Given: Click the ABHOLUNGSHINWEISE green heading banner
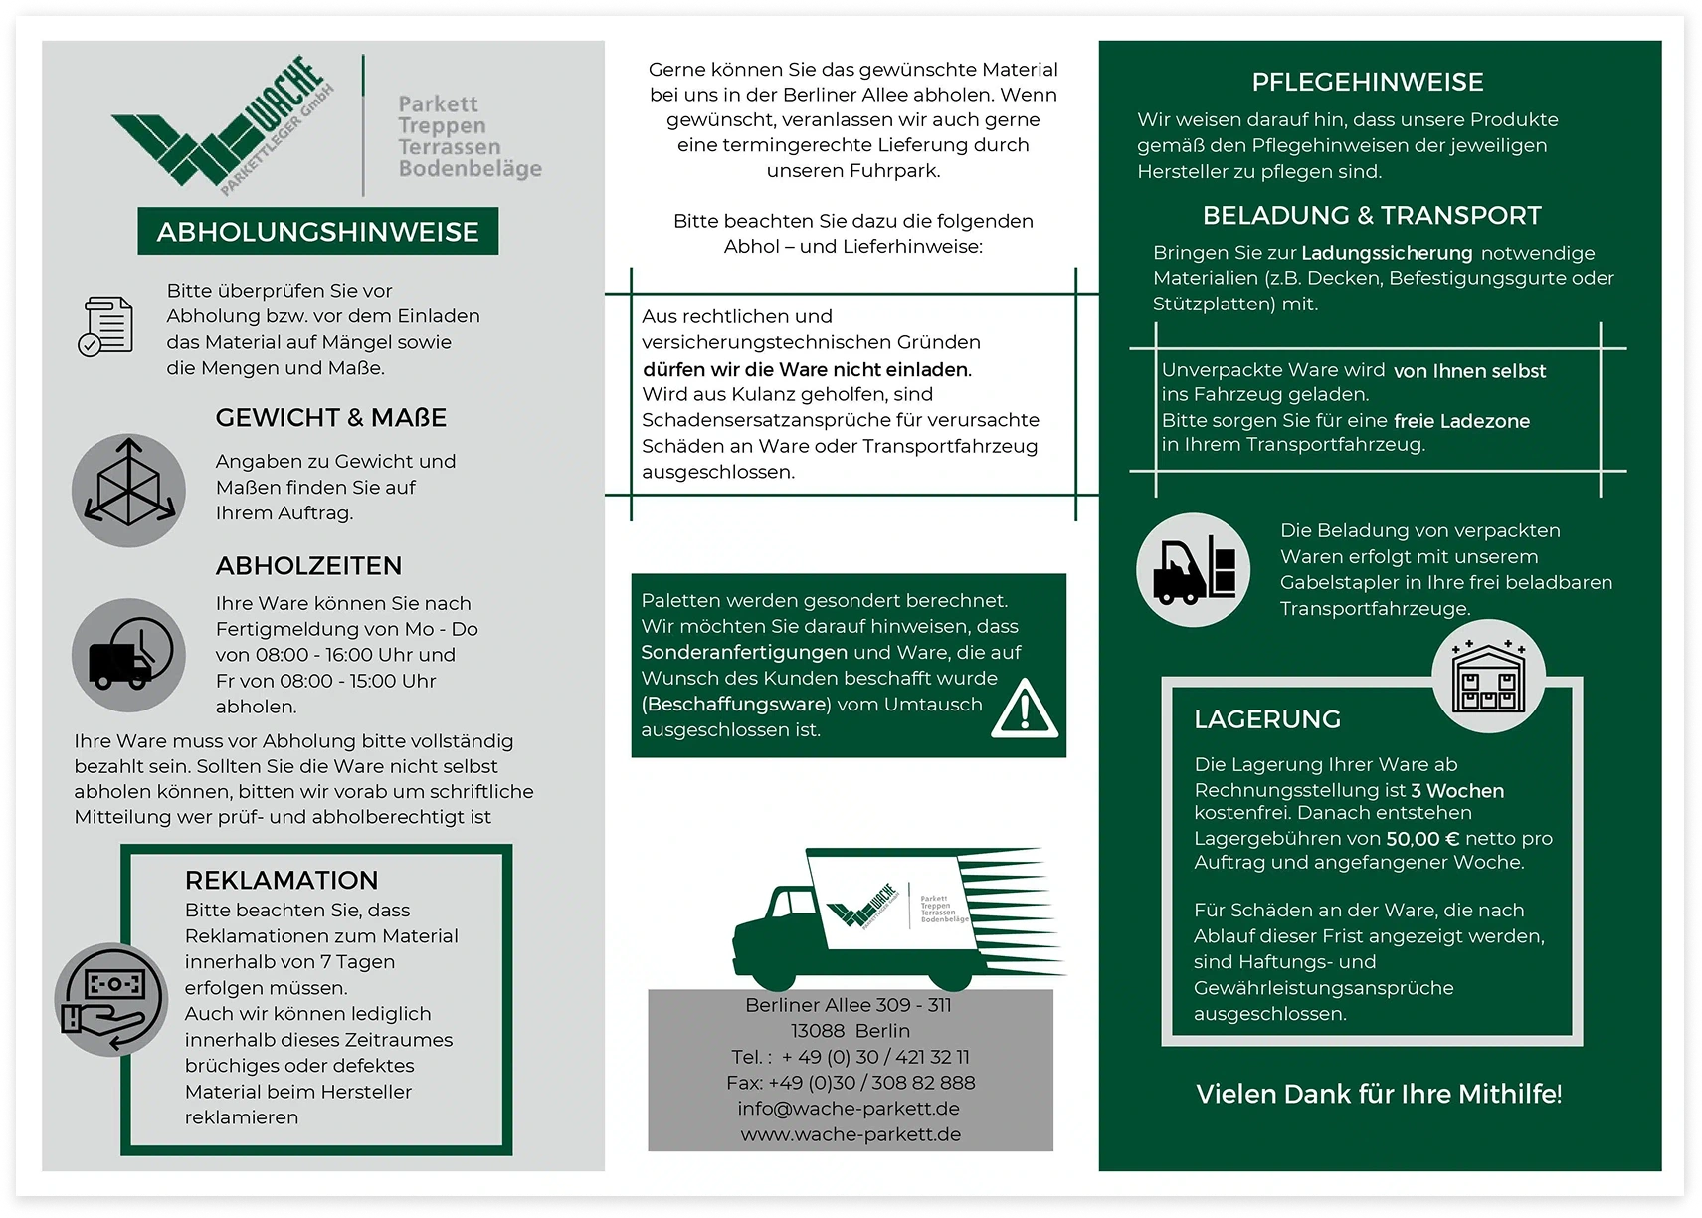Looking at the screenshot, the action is pyautogui.click(x=317, y=231).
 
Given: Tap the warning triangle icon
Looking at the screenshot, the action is pyautogui.click(x=1025, y=709).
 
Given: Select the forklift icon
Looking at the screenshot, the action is pyautogui.click(x=1193, y=569).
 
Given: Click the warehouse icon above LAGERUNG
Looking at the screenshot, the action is pyautogui.click(x=1488, y=676).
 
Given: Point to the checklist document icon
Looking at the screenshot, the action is pyautogui.click(x=105, y=326).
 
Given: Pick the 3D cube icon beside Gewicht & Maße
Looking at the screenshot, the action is pyautogui.click(x=128, y=491).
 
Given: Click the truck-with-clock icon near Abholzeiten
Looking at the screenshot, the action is pyautogui.click(x=128, y=656).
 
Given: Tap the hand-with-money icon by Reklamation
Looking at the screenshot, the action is pyautogui.click(x=111, y=1000).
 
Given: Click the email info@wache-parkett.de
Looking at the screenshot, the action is pyautogui.click(x=849, y=1109).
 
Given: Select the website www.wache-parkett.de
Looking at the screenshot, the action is pyautogui.click(x=851, y=1134).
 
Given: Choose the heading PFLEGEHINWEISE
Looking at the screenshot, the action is pyautogui.click(x=1368, y=83).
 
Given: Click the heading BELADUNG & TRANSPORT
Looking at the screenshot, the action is pyautogui.click(x=1372, y=216).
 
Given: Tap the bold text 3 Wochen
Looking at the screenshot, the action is pyautogui.click(x=1457, y=791).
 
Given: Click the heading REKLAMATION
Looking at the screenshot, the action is pyautogui.click(x=282, y=880).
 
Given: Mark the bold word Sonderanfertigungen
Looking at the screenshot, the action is pyautogui.click(x=744, y=653).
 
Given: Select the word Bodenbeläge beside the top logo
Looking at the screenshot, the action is pyautogui.click(x=471, y=169).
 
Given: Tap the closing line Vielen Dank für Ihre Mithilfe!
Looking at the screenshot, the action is pyautogui.click(x=1379, y=1094).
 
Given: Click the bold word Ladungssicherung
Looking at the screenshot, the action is pyautogui.click(x=1387, y=253).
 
